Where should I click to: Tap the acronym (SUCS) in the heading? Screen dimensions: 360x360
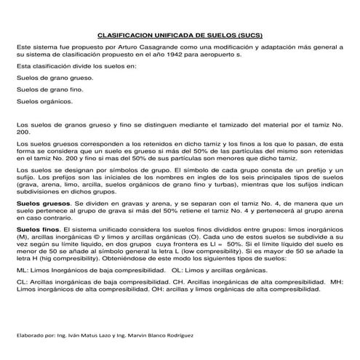(250, 34)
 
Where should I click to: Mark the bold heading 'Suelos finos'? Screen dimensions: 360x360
(37, 229)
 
